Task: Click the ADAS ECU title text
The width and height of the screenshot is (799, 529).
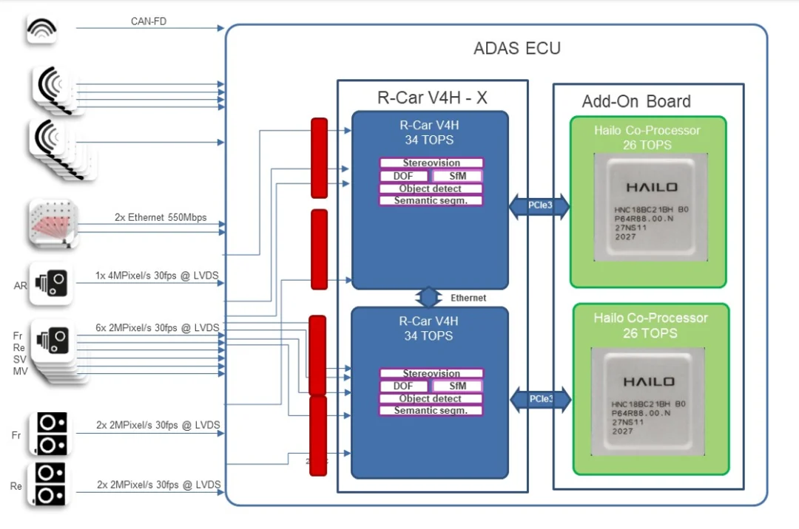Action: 517,49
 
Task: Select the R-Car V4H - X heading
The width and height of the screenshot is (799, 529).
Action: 432,98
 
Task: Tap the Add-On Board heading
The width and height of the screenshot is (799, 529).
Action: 636,101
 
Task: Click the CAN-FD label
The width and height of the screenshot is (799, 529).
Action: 149,21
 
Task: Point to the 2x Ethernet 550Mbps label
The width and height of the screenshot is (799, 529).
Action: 161,218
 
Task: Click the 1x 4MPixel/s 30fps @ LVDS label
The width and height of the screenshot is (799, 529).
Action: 158,276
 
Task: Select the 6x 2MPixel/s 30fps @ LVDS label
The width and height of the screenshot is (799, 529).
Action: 158,327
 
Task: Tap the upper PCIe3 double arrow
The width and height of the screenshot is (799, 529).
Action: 539,206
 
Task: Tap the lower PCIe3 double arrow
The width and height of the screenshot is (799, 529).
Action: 540,400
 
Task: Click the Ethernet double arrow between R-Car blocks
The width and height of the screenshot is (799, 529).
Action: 429,298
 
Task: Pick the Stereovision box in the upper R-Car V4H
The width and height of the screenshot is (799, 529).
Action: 431,163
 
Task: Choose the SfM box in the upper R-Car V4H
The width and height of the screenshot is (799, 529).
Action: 457,176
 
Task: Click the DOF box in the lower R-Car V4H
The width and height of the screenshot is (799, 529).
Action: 404,386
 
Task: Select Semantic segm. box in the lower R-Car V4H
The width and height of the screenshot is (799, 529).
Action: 431,411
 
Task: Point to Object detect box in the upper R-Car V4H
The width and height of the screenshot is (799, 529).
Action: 431,188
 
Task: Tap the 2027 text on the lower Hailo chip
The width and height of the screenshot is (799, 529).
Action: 623,431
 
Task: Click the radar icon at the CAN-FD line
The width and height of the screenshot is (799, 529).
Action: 41,29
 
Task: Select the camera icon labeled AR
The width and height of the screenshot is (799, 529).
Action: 51,283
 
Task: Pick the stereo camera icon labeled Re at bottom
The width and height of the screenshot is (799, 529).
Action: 50,484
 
